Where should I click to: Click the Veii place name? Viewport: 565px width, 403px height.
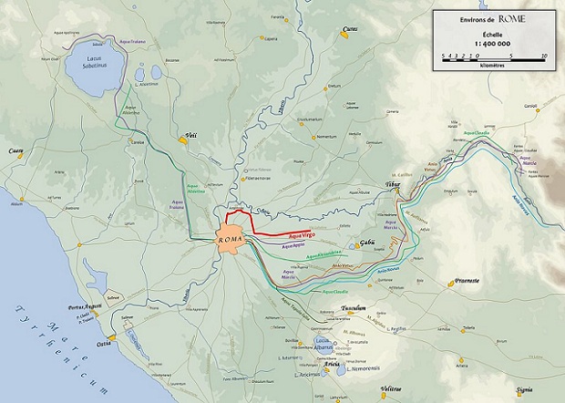coord(190,136)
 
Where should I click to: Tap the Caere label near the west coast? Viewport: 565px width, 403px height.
coord(15,150)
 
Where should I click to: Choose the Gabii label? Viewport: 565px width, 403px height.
coord(368,242)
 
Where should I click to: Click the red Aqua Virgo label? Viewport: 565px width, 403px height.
coord(301,237)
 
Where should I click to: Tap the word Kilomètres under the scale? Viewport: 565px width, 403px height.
coord(492,66)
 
